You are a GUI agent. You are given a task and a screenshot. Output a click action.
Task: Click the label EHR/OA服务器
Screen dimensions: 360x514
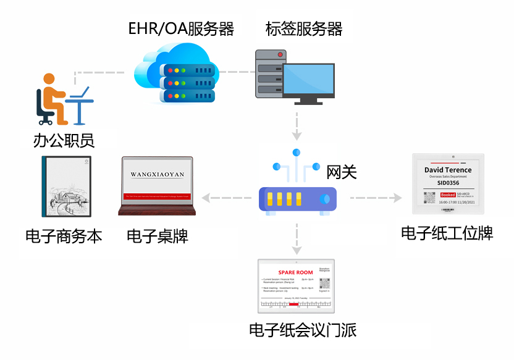(180, 28)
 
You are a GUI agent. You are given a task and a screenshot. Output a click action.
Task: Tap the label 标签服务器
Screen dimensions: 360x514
(303, 28)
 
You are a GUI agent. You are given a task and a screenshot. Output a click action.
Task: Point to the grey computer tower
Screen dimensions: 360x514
(270, 74)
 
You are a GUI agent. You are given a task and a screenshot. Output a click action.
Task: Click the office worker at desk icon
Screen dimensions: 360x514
(62, 99)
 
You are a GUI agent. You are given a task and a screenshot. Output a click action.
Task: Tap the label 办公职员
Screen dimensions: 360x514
(64, 141)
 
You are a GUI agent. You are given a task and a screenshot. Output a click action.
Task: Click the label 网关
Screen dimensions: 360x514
(342, 172)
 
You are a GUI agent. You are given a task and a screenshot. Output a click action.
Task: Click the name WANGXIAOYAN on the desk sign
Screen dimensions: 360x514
(157, 175)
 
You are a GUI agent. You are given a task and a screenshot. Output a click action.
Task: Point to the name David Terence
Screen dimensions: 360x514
(448, 170)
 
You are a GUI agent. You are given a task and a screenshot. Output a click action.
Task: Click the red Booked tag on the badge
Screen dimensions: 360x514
(448, 195)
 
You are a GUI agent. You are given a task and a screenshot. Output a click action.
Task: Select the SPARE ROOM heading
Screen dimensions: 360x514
(295, 272)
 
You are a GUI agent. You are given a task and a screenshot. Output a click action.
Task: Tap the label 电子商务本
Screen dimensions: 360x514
(64, 236)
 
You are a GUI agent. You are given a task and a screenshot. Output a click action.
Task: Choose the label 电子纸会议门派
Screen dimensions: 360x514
(302, 330)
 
